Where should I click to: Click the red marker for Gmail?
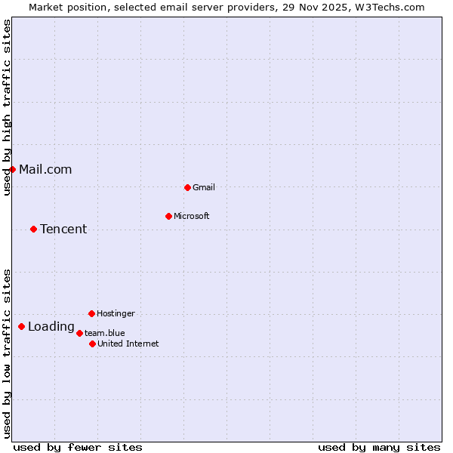(187, 187)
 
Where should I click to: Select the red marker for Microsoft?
(168, 216)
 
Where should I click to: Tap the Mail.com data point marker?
(12, 169)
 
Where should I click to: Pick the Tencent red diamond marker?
(33, 229)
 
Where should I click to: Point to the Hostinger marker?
(91, 313)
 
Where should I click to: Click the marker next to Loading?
(21, 326)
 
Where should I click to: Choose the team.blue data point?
(79, 333)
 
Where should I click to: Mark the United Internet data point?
(92, 344)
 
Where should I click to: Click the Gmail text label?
(204, 187)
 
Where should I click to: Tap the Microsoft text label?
(192, 216)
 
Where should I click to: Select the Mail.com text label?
(45, 169)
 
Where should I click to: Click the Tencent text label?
(63, 229)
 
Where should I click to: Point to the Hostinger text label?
(116, 313)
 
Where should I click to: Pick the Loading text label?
(51, 326)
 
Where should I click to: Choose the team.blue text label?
(105, 333)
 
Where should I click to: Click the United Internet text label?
(128, 344)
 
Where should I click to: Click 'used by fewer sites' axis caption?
(78, 447)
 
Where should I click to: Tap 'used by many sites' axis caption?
(379, 447)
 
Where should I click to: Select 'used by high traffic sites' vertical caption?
(7, 107)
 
